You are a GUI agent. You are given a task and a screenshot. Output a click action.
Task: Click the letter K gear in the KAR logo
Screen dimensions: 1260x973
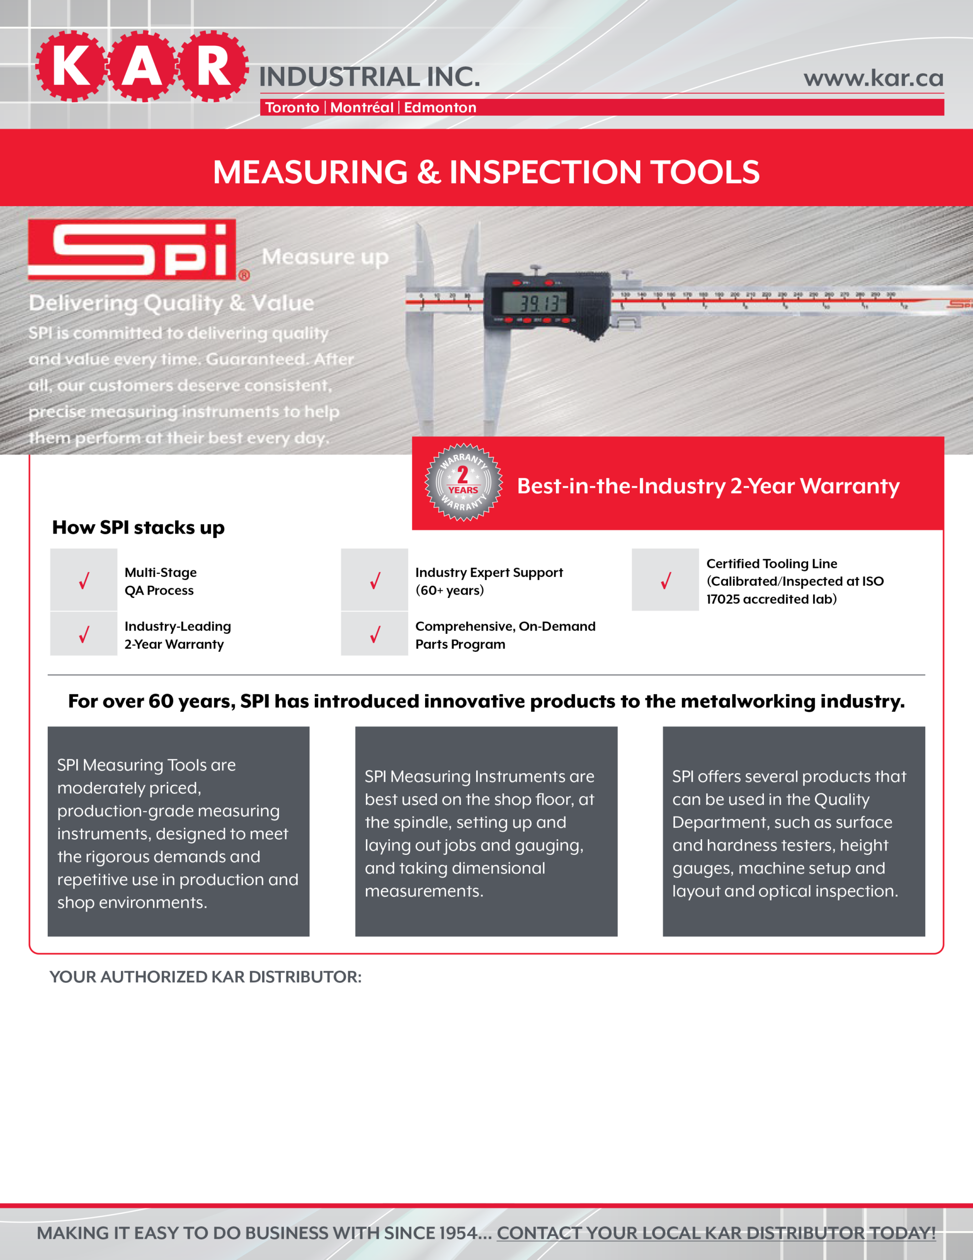[x=71, y=66]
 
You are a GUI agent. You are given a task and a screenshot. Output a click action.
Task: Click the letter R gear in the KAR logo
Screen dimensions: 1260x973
[x=213, y=66]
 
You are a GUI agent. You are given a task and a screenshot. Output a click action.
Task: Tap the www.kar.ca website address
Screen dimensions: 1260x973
[x=873, y=78]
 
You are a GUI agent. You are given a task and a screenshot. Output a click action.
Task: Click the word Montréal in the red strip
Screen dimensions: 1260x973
[x=362, y=108]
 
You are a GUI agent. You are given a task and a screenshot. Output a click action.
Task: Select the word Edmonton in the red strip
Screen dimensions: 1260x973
[x=440, y=108]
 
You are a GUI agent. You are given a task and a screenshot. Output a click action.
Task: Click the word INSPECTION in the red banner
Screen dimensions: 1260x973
[x=546, y=172]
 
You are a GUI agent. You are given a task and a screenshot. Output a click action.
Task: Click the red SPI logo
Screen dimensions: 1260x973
[x=133, y=250]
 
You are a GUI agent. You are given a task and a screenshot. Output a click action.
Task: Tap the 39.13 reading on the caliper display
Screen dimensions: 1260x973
[x=539, y=303]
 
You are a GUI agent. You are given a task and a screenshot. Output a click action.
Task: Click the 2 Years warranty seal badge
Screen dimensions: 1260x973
[x=464, y=482]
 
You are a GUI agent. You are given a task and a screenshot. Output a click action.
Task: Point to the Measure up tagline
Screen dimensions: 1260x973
[x=325, y=257]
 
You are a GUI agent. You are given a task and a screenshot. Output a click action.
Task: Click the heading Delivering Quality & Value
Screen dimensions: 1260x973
[x=171, y=303]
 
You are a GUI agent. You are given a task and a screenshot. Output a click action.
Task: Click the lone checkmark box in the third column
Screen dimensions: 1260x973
[x=665, y=580]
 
